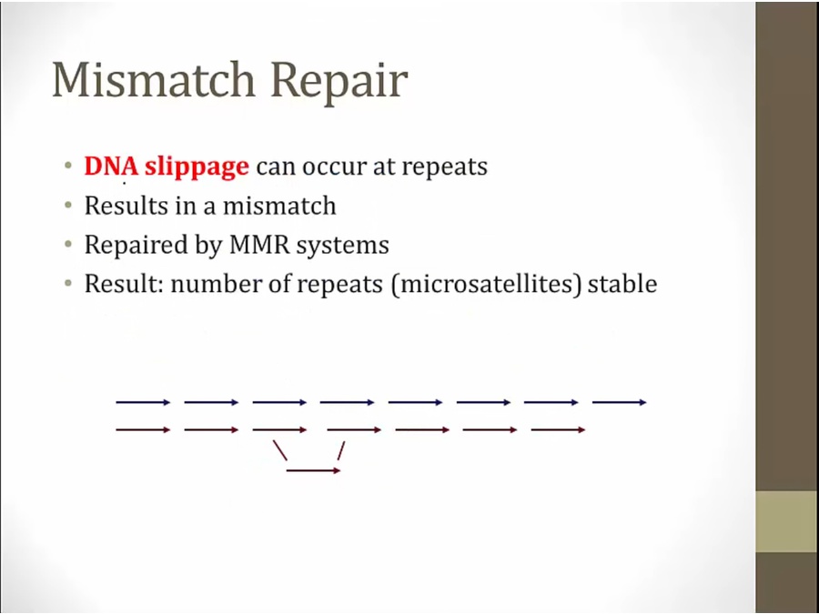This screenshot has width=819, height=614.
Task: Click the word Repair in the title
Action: [339, 82]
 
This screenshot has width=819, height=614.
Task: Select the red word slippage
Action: [197, 167]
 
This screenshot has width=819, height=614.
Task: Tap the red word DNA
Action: [111, 166]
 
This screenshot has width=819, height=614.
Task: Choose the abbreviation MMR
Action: [259, 245]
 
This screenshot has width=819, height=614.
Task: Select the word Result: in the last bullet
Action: [124, 284]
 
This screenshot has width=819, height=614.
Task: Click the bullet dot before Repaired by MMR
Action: [68, 244]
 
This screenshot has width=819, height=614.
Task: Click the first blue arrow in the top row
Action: [143, 402]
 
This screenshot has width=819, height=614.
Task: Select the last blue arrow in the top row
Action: [620, 402]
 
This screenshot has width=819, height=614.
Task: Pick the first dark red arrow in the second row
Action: [143, 429]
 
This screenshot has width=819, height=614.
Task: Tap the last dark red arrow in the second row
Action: [558, 429]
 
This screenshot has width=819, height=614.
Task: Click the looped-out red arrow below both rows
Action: [313, 470]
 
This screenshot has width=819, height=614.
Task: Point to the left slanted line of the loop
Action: [280, 450]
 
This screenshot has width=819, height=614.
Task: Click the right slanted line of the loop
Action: [341, 450]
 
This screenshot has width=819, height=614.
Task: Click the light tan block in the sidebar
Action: [787, 521]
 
